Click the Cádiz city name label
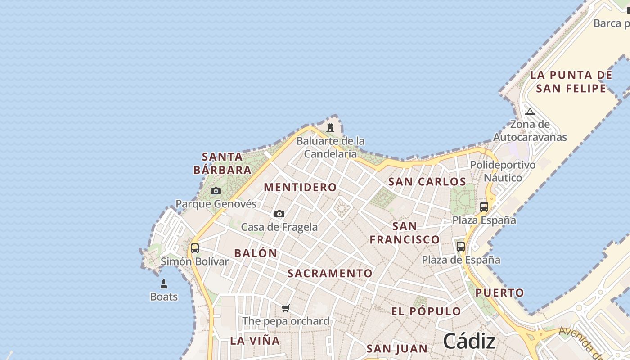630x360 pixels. pos(469,341)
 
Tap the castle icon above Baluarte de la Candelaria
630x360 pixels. pos(330,127)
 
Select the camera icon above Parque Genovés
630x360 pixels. pos(216,191)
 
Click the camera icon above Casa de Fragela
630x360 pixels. pos(279,214)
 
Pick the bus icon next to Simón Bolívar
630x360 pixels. pos(195,248)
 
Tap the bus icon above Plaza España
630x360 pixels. pos(484,207)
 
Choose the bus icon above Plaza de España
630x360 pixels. pos(461,246)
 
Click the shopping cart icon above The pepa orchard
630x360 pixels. pos(286,308)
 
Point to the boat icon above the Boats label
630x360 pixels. pos(164,284)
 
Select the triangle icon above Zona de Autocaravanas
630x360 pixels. pos(530,112)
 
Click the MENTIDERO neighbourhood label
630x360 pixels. pos(300,187)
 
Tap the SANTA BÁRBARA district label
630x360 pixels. pos(222,163)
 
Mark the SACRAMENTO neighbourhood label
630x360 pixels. pos(330,273)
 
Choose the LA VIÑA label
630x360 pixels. pos(255,341)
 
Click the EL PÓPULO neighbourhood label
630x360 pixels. pos(426,311)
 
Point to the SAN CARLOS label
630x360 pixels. pos(427,182)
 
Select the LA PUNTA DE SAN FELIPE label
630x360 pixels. pos(571,81)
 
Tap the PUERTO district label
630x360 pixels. pos(500,293)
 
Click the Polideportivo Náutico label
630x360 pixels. pos(503,171)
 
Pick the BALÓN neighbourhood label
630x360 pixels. pos(256,253)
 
